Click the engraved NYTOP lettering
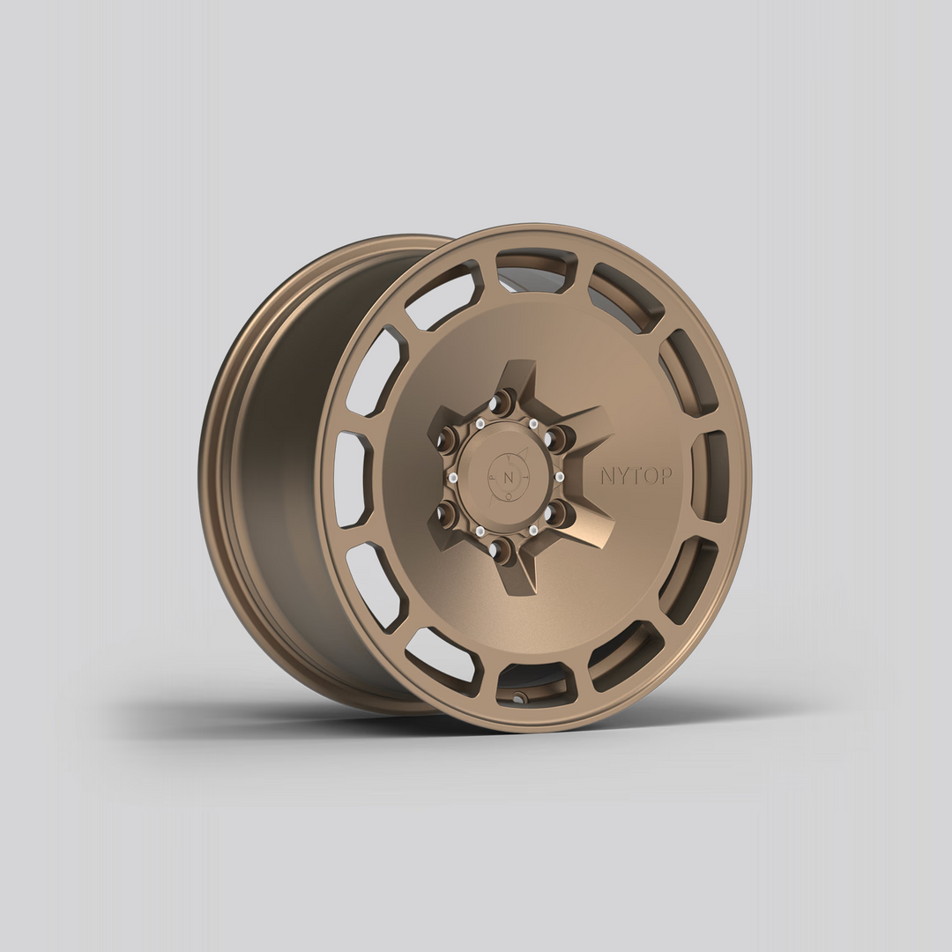pyautogui.click(x=636, y=476)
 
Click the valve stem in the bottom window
pyautogui.click(x=520, y=698)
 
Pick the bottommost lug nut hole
pyautogui.click(x=502, y=551)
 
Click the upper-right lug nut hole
pyautogui.click(x=557, y=437)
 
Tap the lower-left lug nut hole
pyautogui.click(x=447, y=513)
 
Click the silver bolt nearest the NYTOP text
pyautogui.click(x=560, y=476)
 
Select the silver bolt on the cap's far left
pyautogui.click(x=453, y=477)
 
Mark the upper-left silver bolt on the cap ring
pyautogui.click(x=480, y=424)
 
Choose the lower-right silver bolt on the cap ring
pyautogui.click(x=533, y=531)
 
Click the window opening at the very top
pyautogui.click(x=535, y=269)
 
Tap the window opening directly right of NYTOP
pyautogui.click(x=710, y=476)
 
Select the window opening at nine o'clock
pyautogui.click(x=353, y=479)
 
